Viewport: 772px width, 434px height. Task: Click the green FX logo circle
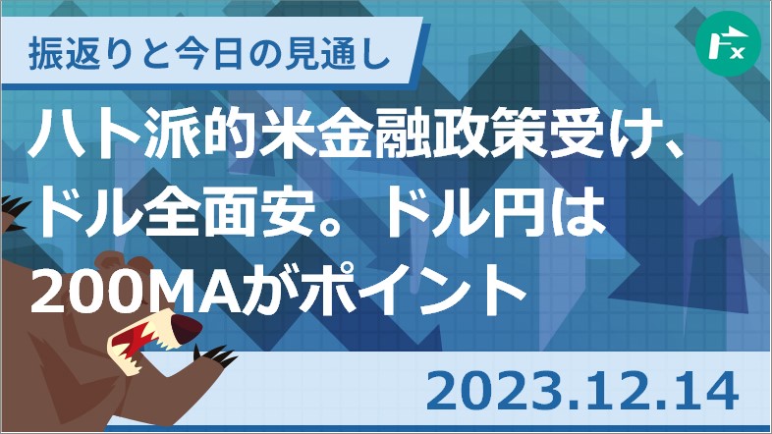point(728,44)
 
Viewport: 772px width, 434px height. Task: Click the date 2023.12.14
point(582,392)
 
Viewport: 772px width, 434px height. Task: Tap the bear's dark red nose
point(186,329)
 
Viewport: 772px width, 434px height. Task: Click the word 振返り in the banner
point(77,54)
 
